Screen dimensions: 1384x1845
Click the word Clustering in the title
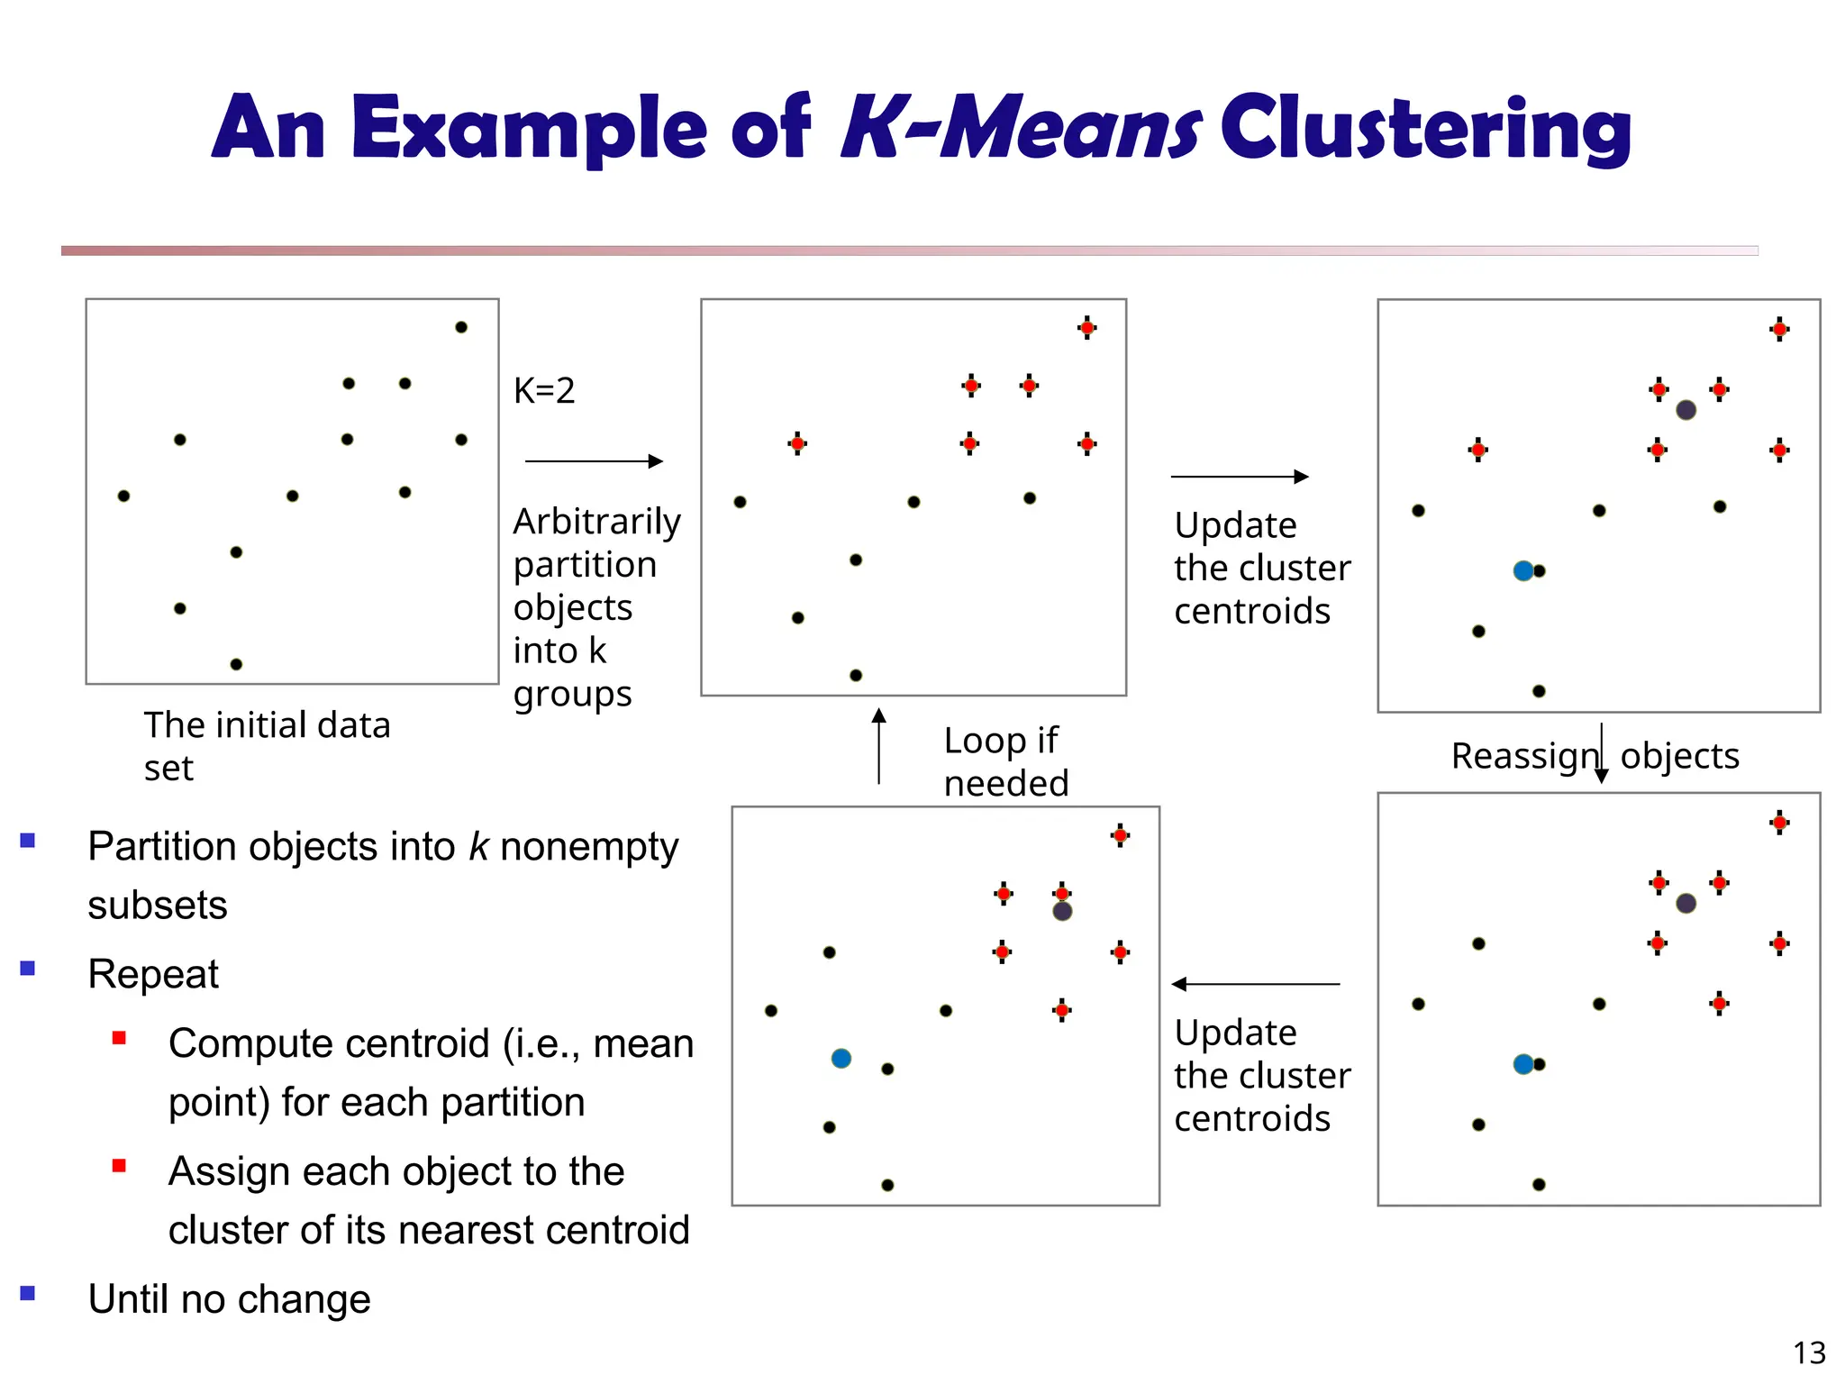click(1425, 129)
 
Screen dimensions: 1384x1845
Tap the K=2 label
click(543, 390)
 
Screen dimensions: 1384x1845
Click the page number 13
click(1809, 1352)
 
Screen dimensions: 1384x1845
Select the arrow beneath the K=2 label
click(594, 461)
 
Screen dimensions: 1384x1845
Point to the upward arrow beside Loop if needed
click(878, 745)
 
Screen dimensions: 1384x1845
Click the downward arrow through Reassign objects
click(1601, 753)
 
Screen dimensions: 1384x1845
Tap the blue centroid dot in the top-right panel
click(1522, 570)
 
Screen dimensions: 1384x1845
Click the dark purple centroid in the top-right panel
click(1686, 410)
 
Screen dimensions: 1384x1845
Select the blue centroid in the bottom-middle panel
click(841, 1058)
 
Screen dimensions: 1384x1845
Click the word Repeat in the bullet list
click(153, 974)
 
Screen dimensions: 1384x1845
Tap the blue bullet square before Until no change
click(28, 1293)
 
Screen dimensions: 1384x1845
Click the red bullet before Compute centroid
click(119, 1038)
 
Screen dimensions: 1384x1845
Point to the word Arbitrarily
click(596, 522)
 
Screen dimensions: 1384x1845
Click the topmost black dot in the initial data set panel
click(461, 327)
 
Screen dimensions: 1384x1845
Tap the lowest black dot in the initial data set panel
click(236, 664)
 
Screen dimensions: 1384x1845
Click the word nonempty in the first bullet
click(589, 847)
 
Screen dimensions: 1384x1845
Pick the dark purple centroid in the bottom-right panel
click(1686, 903)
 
